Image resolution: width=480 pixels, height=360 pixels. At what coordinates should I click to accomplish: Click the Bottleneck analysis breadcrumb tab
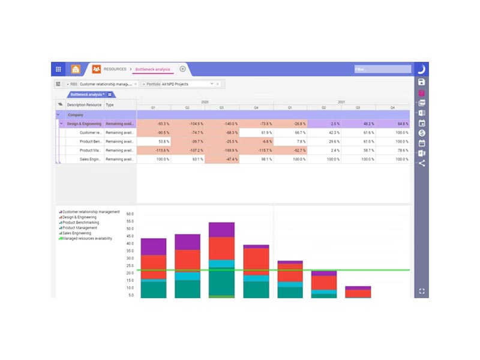pyautogui.click(x=152, y=69)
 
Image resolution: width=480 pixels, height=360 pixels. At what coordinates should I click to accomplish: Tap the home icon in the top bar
pyautogui.click(x=76, y=69)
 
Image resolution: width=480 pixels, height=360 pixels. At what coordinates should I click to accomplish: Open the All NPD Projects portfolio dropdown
pyautogui.click(x=212, y=84)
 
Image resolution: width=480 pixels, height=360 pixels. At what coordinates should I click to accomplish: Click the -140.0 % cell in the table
pyautogui.click(x=221, y=124)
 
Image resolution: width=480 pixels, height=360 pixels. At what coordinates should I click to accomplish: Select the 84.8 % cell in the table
pyautogui.click(x=392, y=124)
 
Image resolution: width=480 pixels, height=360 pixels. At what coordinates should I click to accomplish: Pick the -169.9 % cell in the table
pyautogui.click(x=221, y=151)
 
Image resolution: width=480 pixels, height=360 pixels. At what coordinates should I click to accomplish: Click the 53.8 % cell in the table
pyautogui.click(x=154, y=142)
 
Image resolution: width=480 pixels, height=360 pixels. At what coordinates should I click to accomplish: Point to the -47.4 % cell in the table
pyautogui.click(x=221, y=160)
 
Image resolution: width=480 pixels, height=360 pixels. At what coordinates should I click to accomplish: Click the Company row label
pyautogui.click(x=76, y=115)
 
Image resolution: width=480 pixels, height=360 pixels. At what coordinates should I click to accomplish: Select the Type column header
pyautogui.click(x=110, y=105)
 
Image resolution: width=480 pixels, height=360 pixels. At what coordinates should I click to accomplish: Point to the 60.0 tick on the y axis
pyautogui.click(x=130, y=214)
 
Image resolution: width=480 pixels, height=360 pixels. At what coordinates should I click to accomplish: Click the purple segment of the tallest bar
pyautogui.click(x=221, y=230)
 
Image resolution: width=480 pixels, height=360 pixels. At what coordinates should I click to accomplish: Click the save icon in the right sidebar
pyautogui.click(x=422, y=82)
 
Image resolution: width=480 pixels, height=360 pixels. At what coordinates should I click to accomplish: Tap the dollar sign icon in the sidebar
pyautogui.click(x=422, y=132)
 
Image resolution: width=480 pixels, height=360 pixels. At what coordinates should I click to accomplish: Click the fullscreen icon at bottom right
pyautogui.click(x=422, y=291)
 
